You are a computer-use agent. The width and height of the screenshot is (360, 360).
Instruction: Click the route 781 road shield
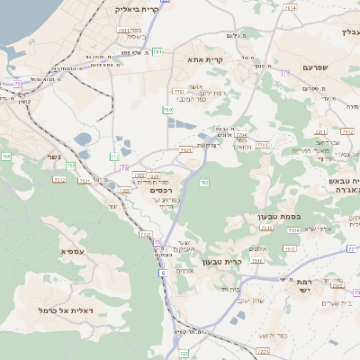point(157,51)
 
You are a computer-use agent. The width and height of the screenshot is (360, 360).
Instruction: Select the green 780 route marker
point(166,110)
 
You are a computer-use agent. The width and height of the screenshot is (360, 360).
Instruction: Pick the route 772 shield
point(114,157)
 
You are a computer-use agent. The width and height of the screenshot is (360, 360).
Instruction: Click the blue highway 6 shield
point(163,272)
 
